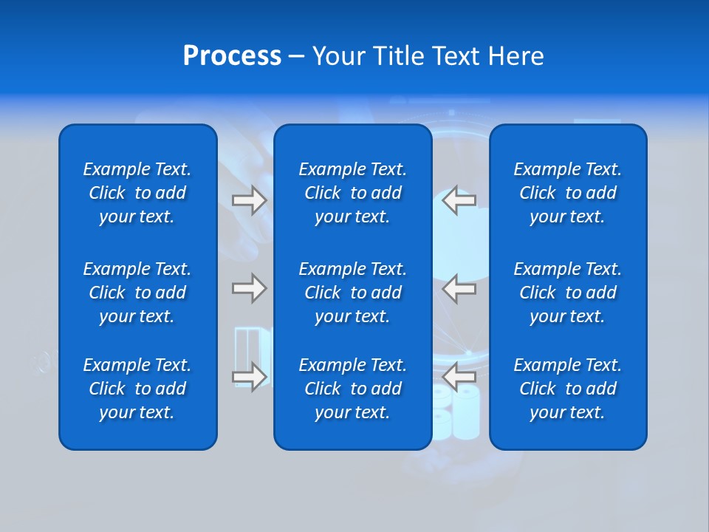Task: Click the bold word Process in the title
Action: point(232,56)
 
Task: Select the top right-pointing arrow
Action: point(249,200)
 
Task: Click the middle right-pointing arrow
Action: point(249,287)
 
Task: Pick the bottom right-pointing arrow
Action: point(249,377)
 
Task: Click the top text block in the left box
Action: point(137,193)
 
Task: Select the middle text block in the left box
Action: point(137,293)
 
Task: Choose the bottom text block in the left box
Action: point(137,389)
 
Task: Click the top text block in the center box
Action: point(352,193)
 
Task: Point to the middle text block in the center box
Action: point(352,293)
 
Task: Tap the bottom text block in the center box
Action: point(352,389)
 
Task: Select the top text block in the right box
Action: point(567,193)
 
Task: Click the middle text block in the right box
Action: point(567,293)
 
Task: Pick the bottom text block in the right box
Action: point(567,389)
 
